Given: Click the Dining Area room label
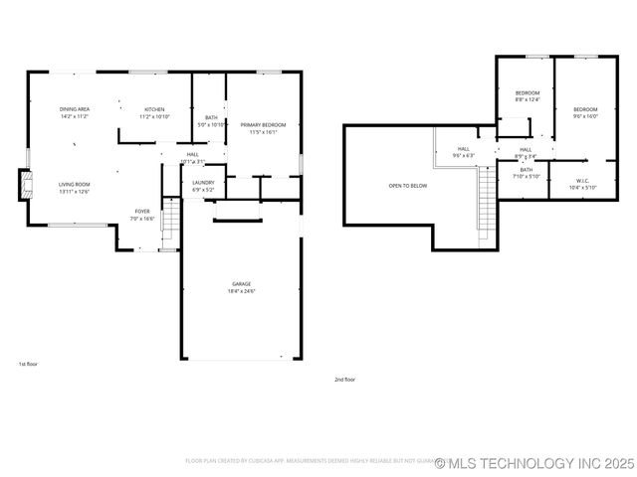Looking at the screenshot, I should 75,112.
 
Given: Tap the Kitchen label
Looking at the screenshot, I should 154,112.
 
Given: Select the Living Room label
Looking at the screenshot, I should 74,188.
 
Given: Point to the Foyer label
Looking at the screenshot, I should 143,214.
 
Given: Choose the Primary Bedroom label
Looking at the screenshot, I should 263,127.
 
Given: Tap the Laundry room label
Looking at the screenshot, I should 203,185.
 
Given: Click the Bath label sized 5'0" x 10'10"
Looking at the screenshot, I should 211,121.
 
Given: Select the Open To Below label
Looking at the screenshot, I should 408,186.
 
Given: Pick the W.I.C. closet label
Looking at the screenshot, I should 582,184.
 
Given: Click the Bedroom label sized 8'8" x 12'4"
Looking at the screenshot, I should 527,95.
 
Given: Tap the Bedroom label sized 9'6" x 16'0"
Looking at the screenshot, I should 584,112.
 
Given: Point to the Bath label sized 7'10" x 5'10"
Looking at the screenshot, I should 526,173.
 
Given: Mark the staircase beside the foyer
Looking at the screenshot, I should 169,220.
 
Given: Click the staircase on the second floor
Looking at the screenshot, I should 486,204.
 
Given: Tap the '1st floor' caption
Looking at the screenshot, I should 28,364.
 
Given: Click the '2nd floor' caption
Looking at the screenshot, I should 344,379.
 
